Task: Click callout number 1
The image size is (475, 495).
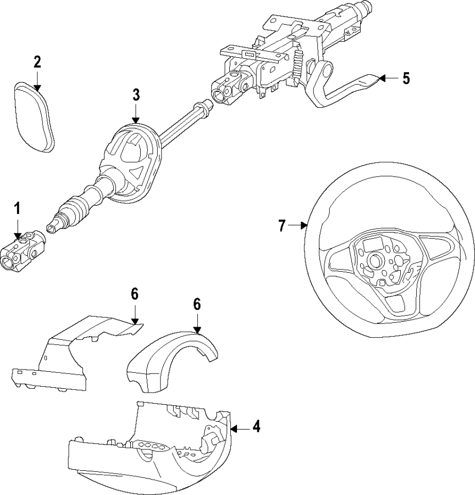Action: click(17, 208)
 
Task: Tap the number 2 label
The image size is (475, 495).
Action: click(37, 62)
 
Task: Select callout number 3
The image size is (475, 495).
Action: click(136, 94)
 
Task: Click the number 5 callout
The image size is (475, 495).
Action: click(406, 78)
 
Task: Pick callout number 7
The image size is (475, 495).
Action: click(281, 225)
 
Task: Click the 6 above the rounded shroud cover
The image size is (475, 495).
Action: click(197, 304)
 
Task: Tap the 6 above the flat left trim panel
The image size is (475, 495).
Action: click(135, 294)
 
